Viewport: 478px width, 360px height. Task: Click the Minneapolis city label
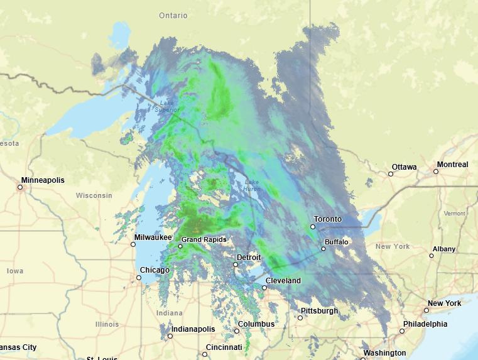pyautogui.click(x=43, y=180)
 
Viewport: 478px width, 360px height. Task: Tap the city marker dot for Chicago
pyautogui.click(x=139, y=278)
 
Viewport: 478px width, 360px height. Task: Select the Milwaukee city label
pyautogui.click(x=153, y=237)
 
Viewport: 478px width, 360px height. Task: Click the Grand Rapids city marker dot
pyautogui.click(x=180, y=246)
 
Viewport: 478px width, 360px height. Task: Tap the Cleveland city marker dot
pyautogui.click(x=264, y=288)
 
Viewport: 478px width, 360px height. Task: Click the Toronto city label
pyautogui.click(x=328, y=219)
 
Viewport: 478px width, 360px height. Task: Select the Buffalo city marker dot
pyautogui.click(x=323, y=249)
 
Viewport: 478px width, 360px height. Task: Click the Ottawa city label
pyautogui.click(x=404, y=167)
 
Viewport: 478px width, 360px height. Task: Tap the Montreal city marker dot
pyautogui.click(x=436, y=172)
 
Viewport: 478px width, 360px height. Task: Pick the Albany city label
pyautogui.click(x=444, y=249)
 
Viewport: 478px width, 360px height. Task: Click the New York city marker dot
pyautogui.click(x=426, y=310)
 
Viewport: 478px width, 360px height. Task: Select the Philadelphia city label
pyautogui.click(x=425, y=324)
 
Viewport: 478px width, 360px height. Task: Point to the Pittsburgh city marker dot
pyautogui.click(x=300, y=318)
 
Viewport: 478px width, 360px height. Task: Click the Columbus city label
pyautogui.click(x=256, y=324)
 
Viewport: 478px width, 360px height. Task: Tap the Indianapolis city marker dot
pyautogui.click(x=170, y=336)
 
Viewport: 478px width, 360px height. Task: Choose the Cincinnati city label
pyautogui.click(x=223, y=347)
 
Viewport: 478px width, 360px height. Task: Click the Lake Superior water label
pyautogui.click(x=166, y=107)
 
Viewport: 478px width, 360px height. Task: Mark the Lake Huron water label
pyautogui.click(x=251, y=185)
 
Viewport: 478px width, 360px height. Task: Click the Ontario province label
pyautogui.click(x=173, y=15)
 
